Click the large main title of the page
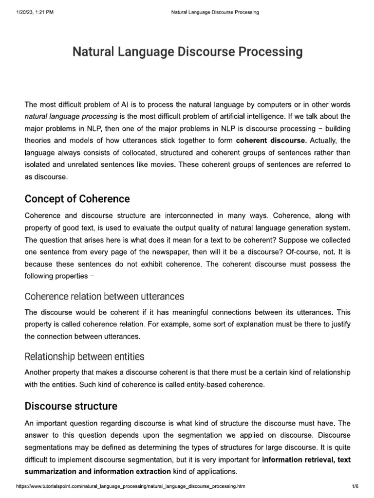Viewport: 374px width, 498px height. coord(187,52)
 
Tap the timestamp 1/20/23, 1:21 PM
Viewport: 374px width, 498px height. coord(31,12)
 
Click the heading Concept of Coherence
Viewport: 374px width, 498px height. coord(77,199)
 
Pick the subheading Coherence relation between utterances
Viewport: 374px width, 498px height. coord(104,296)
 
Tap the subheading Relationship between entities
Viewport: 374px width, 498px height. coord(84,356)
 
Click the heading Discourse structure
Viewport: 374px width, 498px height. coord(71,406)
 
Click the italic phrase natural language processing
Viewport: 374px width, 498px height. coord(71,117)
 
